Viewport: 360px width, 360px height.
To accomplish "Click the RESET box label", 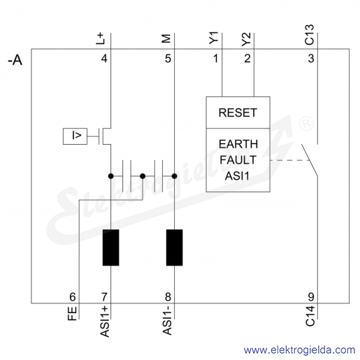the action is pyautogui.click(x=238, y=113).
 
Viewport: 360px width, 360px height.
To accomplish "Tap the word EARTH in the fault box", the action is pyautogui.click(x=238, y=144).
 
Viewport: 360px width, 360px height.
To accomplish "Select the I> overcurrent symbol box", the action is pyautogui.click(x=75, y=136).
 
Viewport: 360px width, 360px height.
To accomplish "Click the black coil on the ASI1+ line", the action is pyautogui.click(x=111, y=247).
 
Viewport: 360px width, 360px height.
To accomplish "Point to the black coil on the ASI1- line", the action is pyautogui.click(x=174, y=247).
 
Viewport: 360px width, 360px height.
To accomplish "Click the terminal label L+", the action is pyautogui.click(x=101, y=38).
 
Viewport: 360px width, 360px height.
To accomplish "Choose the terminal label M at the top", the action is pyautogui.click(x=166, y=38).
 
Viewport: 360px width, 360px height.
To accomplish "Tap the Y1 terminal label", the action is pyautogui.click(x=214, y=38).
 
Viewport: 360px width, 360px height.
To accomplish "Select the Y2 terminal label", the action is pyautogui.click(x=246, y=39).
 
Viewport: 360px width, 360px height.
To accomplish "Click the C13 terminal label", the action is pyautogui.click(x=310, y=35).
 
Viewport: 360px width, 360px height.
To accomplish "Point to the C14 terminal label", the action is pyautogui.click(x=310, y=316).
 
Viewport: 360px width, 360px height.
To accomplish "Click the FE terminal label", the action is pyautogui.click(x=72, y=313).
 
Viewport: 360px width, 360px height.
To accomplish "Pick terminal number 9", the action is pyautogui.click(x=311, y=297).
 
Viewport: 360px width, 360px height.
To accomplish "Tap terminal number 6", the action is pyautogui.click(x=73, y=297).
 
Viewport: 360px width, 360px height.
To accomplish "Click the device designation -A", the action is pyautogui.click(x=15, y=60).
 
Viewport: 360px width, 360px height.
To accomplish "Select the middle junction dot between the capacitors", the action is pyautogui.click(x=143, y=176).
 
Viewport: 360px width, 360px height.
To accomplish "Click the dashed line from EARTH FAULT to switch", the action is pyautogui.click(x=290, y=160).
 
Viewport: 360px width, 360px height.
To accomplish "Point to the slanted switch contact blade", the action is pyautogui.click(x=310, y=160).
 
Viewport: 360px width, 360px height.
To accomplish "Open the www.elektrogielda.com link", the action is pyautogui.click(x=300, y=350).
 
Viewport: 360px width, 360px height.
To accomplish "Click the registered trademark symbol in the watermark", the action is pyautogui.click(x=306, y=124).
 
